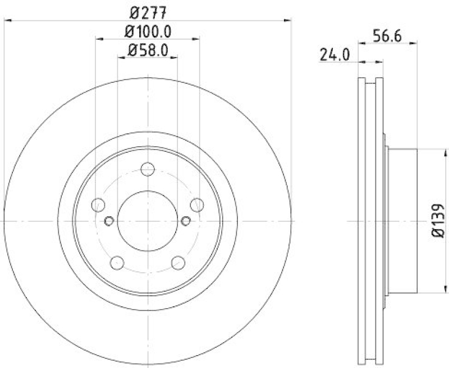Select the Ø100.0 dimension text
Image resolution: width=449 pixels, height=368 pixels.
[x=148, y=32]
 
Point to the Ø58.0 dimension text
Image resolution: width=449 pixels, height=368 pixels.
[x=148, y=50]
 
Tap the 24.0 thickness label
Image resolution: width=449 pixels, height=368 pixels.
[x=335, y=54]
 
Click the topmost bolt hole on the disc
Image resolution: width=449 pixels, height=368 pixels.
[x=148, y=169]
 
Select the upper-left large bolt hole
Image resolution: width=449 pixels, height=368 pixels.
[x=98, y=204]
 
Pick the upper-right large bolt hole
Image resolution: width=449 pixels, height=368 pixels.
[x=196, y=204]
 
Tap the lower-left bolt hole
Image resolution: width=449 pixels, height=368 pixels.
[x=117, y=262]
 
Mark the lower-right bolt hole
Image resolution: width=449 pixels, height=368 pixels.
[x=178, y=262]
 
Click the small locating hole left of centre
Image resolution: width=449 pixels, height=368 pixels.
[x=109, y=220]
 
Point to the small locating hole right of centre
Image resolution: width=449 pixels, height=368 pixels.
[x=186, y=220]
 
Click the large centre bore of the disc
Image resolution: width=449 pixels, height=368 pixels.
[x=148, y=221]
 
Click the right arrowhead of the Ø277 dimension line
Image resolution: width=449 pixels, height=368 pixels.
[x=288, y=21]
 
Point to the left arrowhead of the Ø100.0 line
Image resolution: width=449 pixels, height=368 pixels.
[x=99, y=39]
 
